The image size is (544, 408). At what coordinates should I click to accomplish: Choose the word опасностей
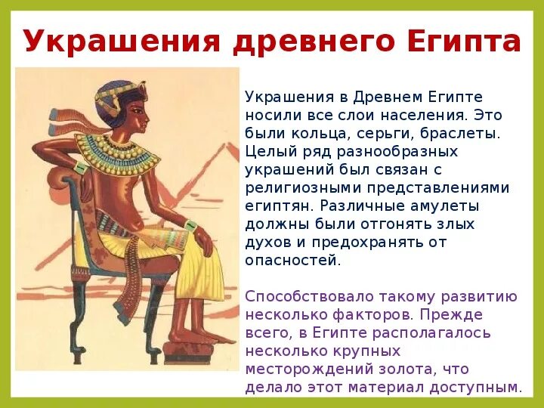pos(293,260)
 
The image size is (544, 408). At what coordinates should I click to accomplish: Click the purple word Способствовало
pos(308,296)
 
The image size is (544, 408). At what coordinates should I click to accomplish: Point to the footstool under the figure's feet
pos(199,350)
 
